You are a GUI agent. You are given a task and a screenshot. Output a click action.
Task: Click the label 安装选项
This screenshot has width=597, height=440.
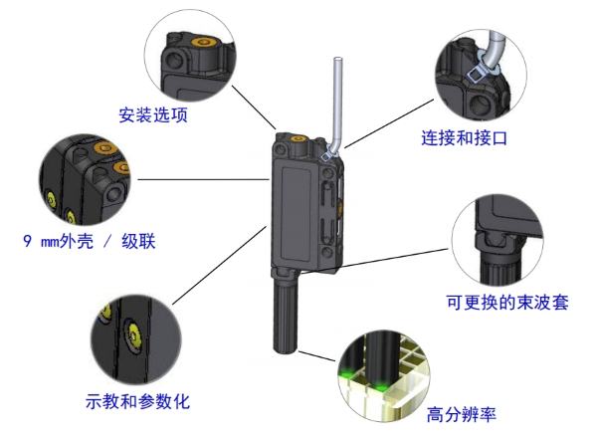point(153,114)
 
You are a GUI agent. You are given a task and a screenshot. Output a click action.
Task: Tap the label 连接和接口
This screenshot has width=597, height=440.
point(465,138)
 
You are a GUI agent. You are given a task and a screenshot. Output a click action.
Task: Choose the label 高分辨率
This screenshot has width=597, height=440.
point(461,413)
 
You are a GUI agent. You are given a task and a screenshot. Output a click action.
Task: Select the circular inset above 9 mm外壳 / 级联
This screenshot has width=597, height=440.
point(86,178)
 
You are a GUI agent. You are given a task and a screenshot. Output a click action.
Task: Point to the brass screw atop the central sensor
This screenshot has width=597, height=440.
point(297,142)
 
